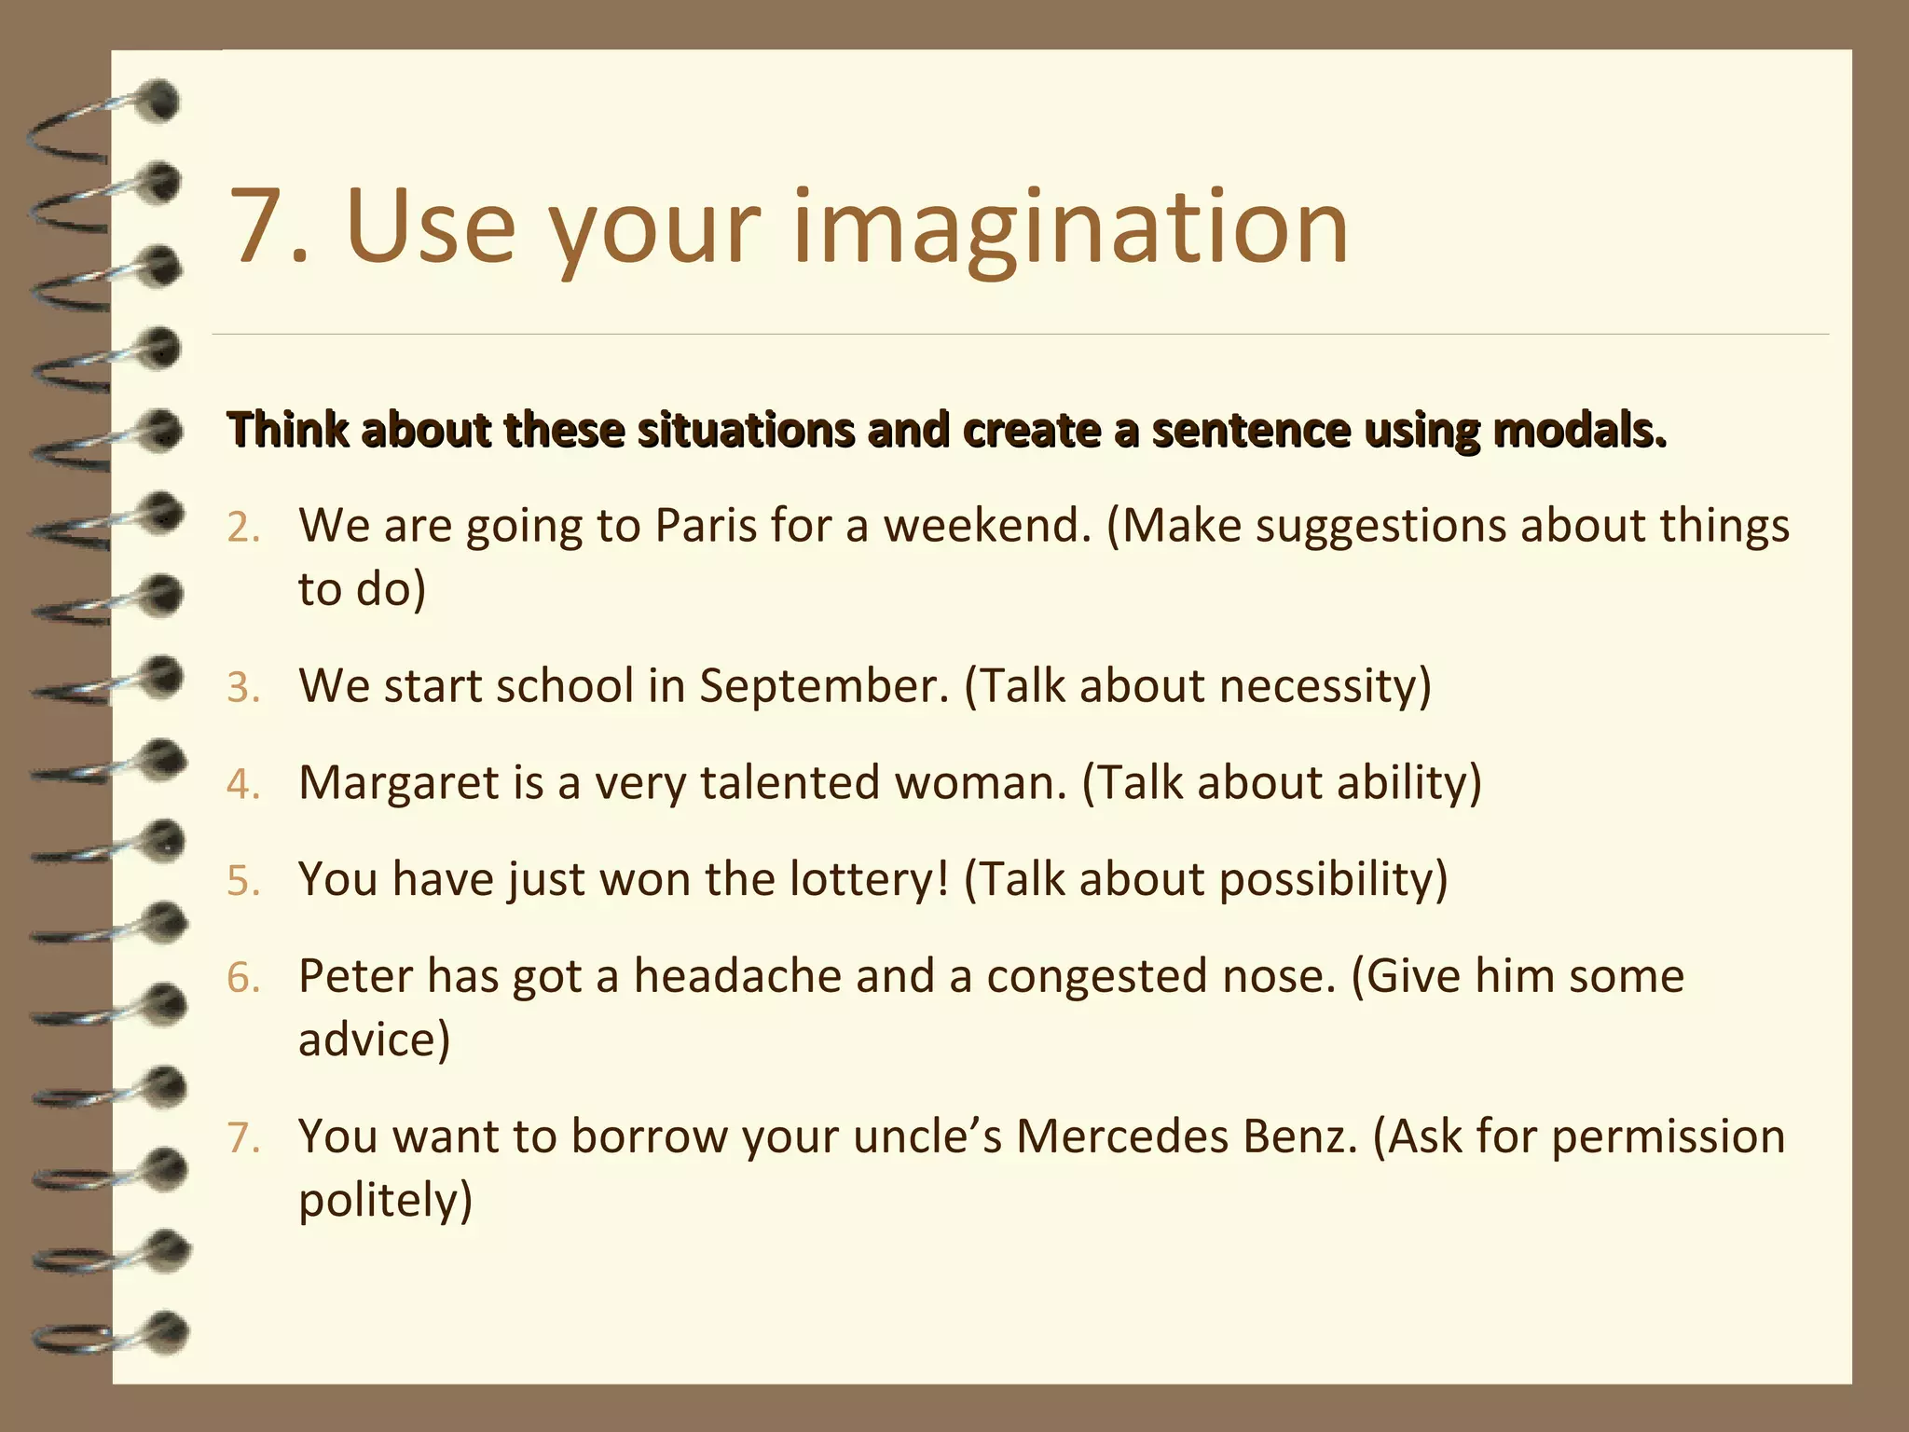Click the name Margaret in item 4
point(398,783)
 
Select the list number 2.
point(243,529)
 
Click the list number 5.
point(243,882)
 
